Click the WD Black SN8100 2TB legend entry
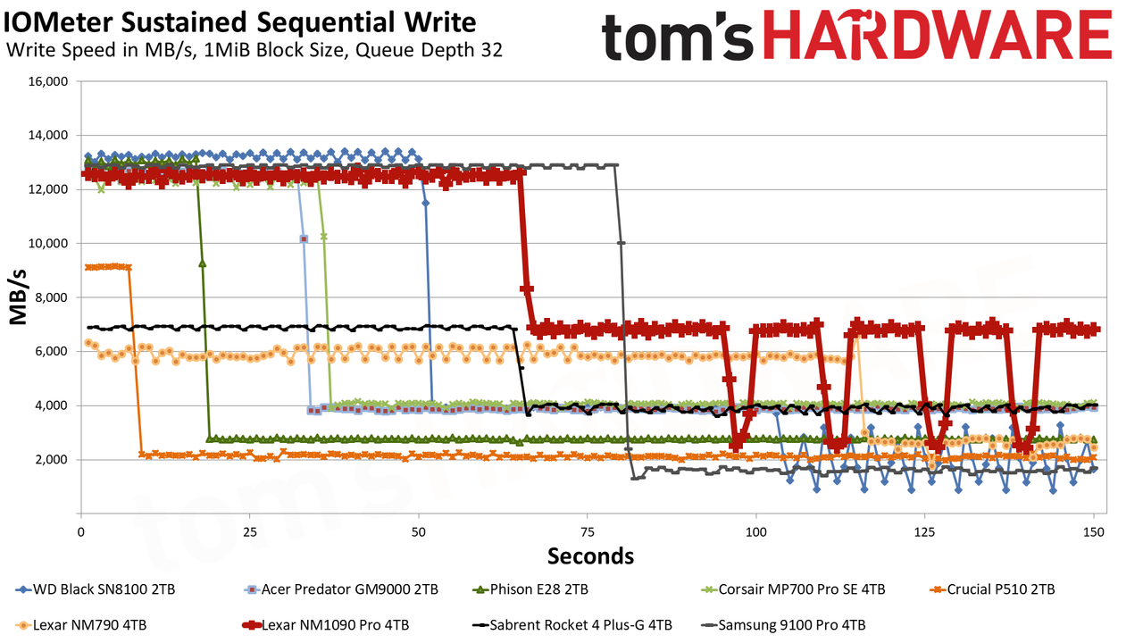pos(96,589)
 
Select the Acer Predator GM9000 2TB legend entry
pos(341,589)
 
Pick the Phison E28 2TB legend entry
pos(530,589)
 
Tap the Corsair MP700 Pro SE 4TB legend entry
pos(793,589)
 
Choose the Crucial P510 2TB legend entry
pos(992,589)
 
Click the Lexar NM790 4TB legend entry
pos(81,625)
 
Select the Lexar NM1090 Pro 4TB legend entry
pos(326,625)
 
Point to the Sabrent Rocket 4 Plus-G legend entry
pos(572,625)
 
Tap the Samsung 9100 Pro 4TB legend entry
pos(783,625)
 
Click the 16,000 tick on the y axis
pos(48,81)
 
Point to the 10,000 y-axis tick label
pos(48,244)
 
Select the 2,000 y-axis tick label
pos(51,459)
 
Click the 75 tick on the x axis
pos(588,532)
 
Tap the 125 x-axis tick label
pos(924,532)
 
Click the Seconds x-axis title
pos(590,555)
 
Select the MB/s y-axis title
pos(18,297)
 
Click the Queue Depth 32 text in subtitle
pos(429,50)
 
